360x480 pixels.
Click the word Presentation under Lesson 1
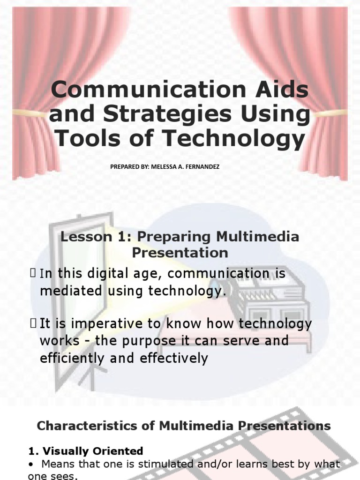click(x=180, y=253)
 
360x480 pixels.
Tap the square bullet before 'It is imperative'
click(x=33, y=322)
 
